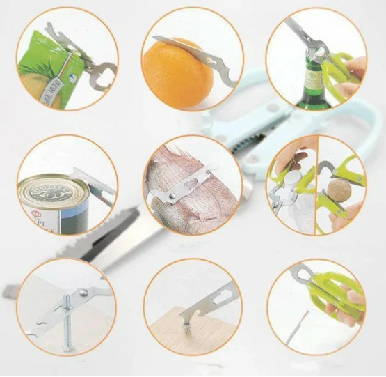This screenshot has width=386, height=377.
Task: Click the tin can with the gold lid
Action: (x=52, y=206)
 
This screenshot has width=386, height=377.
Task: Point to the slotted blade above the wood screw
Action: (x=212, y=300)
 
